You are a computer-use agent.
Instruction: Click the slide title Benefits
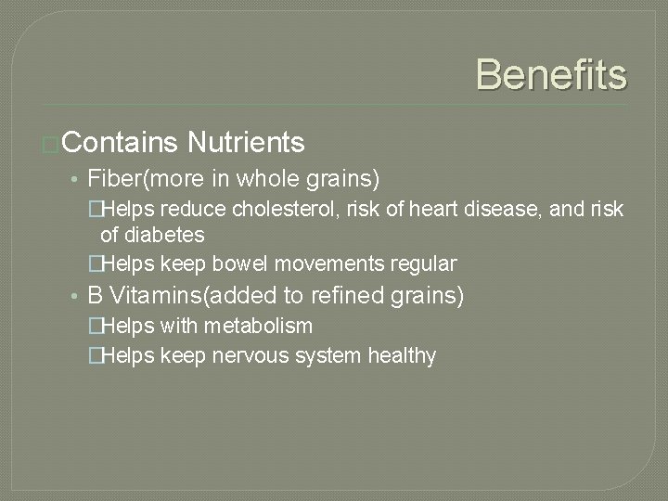coord(551,73)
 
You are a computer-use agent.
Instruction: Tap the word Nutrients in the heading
coord(246,143)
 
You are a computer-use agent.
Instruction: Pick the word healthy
coord(401,356)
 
